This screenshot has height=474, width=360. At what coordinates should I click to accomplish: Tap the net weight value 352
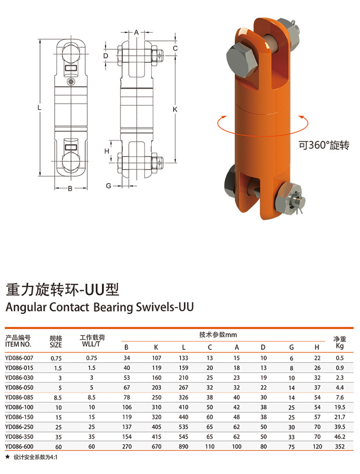[x=339, y=446]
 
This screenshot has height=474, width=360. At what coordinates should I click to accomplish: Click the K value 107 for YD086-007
[x=156, y=358]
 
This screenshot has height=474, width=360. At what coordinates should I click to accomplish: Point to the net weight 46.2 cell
[x=339, y=437]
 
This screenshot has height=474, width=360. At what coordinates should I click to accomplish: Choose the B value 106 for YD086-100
[x=127, y=407]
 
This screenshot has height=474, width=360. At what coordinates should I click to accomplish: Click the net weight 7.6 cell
[x=339, y=397]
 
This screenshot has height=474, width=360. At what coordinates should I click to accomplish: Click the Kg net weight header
[x=339, y=346]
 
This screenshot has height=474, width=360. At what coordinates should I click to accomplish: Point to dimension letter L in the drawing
[x=40, y=108]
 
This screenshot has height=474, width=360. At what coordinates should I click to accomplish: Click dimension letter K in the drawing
[x=175, y=109]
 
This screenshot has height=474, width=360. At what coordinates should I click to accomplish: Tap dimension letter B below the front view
[x=70, y=189]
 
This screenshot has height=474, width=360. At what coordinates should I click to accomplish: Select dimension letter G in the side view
[x=108, y=185]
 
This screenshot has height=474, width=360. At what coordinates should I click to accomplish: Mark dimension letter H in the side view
[x=106, y=151]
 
